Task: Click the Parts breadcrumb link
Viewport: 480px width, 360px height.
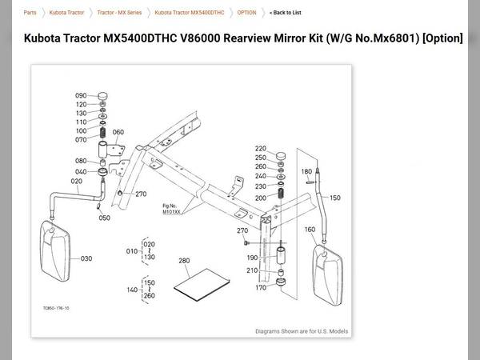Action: pos(30,13)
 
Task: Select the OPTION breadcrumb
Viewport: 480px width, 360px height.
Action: pos(247,13)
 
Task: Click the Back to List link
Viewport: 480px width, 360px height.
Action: pos(286,13)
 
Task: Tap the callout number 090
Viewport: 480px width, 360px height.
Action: pos(81,96)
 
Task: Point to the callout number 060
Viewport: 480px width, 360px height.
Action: pos(118,132)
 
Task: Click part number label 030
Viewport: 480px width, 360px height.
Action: pos(86,258)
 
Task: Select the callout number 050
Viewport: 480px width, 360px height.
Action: pos(104,218)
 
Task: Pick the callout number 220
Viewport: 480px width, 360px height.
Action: pos(261,149)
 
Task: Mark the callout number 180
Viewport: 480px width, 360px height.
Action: pos(306,171)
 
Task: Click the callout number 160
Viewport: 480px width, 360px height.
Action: pos(310,230)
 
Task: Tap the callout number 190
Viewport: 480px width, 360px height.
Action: pos(252,258)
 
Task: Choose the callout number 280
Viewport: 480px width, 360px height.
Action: pos(184,261)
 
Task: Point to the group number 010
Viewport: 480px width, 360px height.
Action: pos(131,250)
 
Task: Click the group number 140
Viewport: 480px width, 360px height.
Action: pos(131,290)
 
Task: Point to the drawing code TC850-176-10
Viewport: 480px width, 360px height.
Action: pos(56,307)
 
